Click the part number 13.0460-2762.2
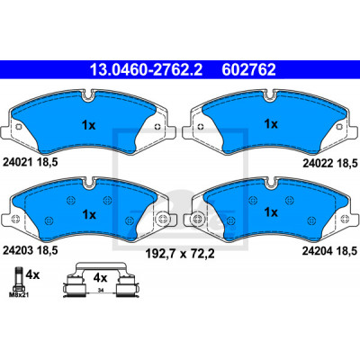[147, 69]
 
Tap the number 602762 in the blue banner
[248, 69]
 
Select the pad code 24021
[17, 162]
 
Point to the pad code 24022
[318, 163]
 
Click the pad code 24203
[17, 250]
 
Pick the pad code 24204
[318, 251]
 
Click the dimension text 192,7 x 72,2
[180, 254]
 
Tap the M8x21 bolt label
[19, 295]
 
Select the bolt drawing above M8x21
[18, 279]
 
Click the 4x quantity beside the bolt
[32, 274]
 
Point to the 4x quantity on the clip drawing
[100, 278]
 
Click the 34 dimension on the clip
[101, 290]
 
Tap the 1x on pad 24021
[89, 125]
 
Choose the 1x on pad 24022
[271, 124]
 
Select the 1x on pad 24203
[89, 215]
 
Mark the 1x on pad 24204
[271, 212]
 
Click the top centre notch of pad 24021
[88, 94]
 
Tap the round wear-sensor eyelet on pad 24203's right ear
[163, 219]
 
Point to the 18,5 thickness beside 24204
[346, 251]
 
